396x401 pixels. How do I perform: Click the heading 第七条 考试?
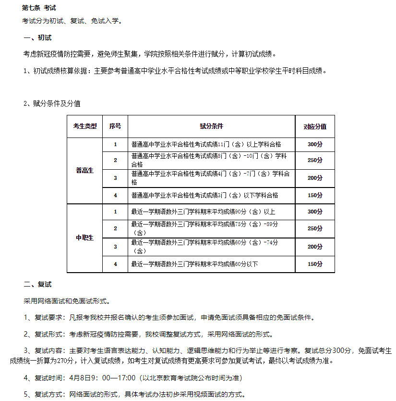39,8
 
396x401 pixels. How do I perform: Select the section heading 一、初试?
37,38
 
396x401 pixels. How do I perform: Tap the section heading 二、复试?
37,285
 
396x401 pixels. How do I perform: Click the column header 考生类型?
85,126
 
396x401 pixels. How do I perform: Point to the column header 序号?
115,126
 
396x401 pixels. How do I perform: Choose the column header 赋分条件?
211,126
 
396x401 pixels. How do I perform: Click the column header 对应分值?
315,127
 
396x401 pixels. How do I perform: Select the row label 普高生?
85,171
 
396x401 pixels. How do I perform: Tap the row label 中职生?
85,238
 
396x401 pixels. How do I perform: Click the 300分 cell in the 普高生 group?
315,144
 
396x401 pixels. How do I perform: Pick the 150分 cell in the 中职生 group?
315,264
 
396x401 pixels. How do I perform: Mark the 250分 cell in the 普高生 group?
315,160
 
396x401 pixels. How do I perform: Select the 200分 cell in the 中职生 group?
315,247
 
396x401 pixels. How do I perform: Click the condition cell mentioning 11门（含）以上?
206,144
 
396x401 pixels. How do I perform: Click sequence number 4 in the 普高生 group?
115,195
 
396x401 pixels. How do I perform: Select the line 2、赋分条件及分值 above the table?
52,103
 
